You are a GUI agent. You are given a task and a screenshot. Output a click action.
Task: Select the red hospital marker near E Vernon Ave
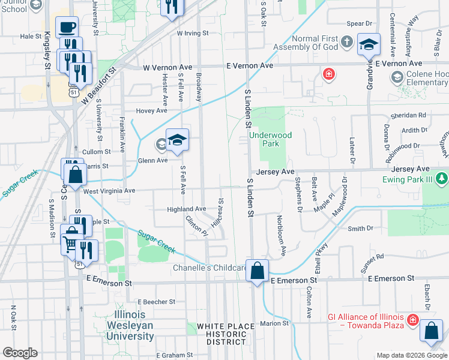point(329,74)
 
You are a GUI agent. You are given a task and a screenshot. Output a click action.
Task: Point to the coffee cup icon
point(67,27)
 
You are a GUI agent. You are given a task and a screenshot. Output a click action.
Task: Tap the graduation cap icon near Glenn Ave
point(177,140)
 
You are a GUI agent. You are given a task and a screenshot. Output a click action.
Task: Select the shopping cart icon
point(70,243)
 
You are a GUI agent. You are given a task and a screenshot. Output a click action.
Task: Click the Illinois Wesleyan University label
point(130,325)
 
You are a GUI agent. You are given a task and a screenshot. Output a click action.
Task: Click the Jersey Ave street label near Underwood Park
point(275,171)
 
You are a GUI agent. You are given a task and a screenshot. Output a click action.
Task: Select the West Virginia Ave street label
point(110,190)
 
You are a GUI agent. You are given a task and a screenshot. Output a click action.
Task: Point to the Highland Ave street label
point(186,208)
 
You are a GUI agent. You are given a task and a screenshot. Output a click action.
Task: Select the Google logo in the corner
point(20,353)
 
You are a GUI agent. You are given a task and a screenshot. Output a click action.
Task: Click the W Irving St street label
point(192,33)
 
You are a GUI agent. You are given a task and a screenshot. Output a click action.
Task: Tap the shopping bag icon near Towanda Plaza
point(432,331)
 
